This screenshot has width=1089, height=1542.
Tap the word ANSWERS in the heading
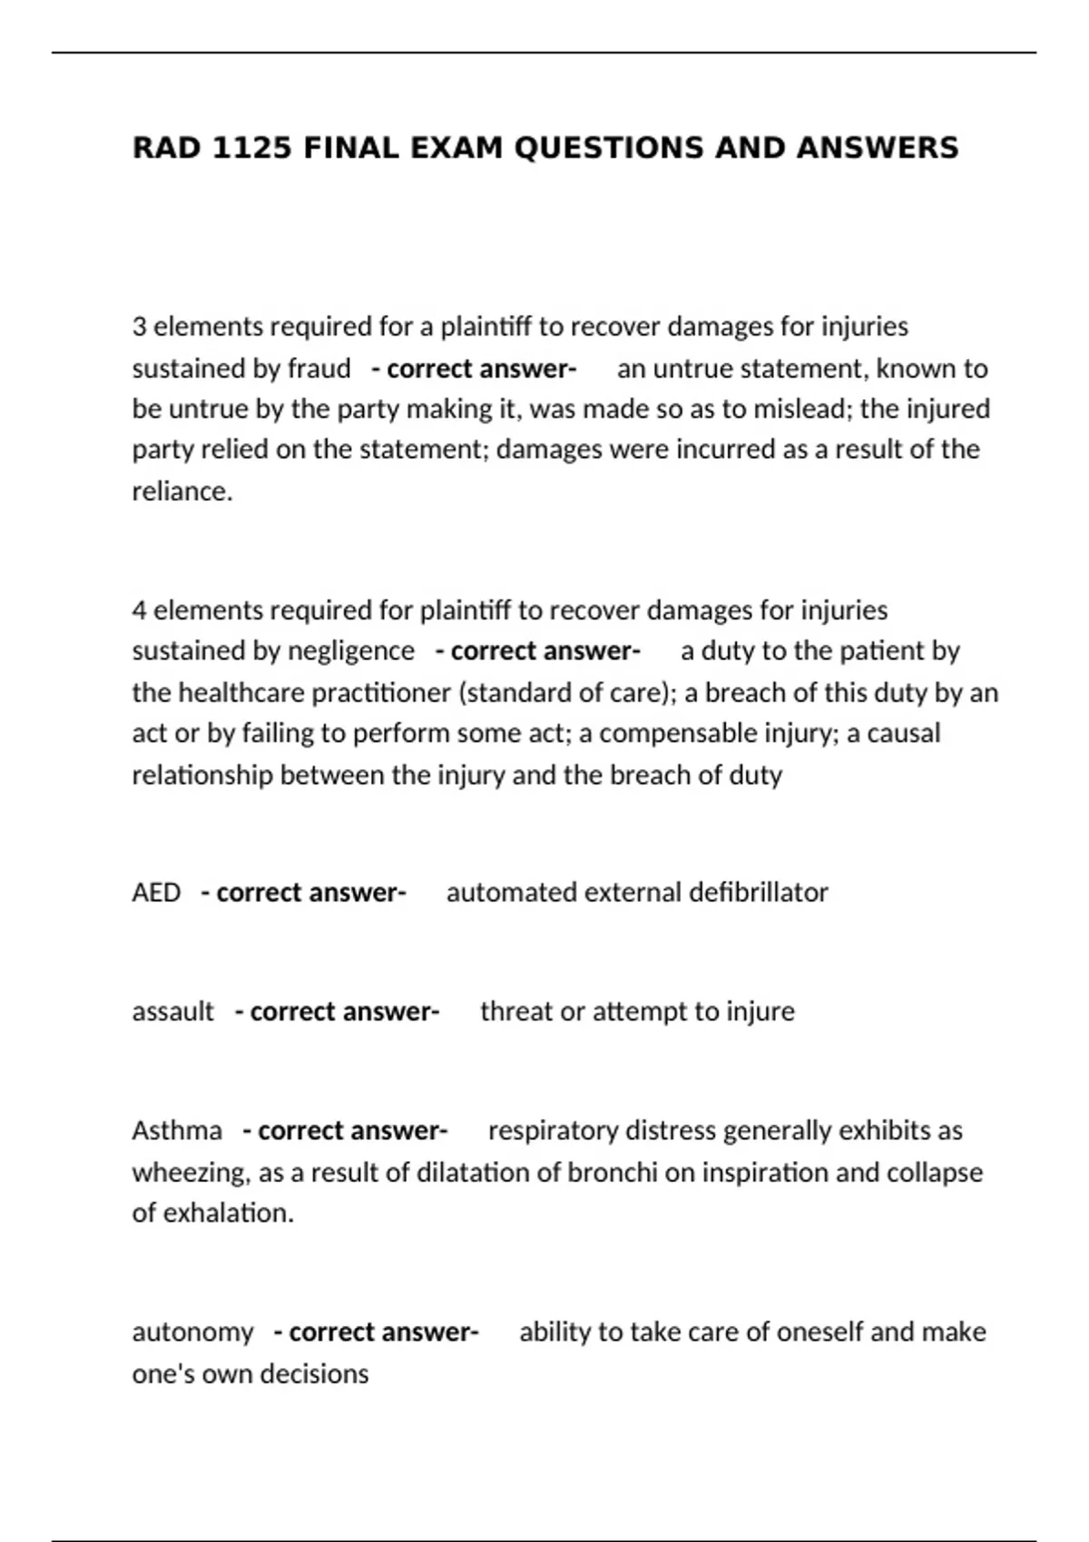pyautogui.click(x=877, y=147)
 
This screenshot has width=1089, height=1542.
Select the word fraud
pyautogui.click(x=319, y=369)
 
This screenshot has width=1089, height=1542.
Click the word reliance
pyautogui.click(x=181, y=491)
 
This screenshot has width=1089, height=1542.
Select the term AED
pyautogui.click(x=156, y=893)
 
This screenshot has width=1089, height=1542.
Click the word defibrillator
pyautogui.click(x=758, y=893)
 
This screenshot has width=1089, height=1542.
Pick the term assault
pyautogui.click(x=172, y=1011)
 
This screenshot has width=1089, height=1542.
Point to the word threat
pyautogui.click(x=515, y=1011)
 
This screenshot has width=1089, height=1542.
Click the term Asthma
pyautogui.click(x=177, y=1131)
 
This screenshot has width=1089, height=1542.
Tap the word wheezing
pyautogui.click(x=190, y=1173)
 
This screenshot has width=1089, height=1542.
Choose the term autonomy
pyautogui.click(x=192, y=1332)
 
